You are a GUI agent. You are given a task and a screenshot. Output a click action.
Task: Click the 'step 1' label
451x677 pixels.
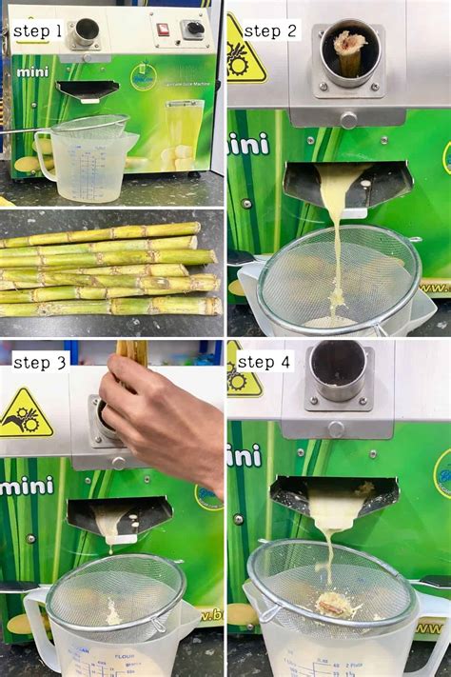[37, 31]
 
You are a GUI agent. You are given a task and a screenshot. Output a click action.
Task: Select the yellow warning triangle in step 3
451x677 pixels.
[25, 415]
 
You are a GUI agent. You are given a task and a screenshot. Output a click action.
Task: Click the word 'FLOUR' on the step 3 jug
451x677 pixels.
[121, 656]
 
